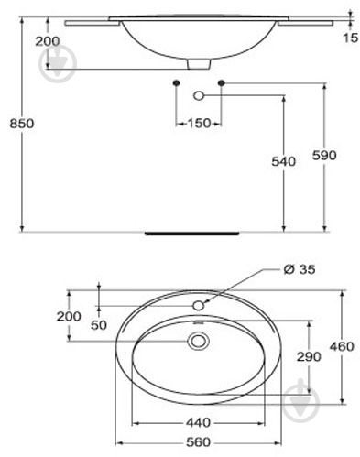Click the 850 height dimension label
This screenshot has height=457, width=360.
(22, 124)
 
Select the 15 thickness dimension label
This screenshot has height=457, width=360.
(350, 38)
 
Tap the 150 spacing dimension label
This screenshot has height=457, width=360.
(199, 124)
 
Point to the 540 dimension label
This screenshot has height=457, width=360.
(284, 161)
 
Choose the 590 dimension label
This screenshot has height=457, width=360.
(324, 156)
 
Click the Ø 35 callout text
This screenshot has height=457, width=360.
(300, 269)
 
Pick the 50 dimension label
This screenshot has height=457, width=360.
(99, 325)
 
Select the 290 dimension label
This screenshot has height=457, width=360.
(309, 356)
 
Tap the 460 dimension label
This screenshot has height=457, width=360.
(342, 346)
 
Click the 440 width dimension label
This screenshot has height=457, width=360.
(199, 423)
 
